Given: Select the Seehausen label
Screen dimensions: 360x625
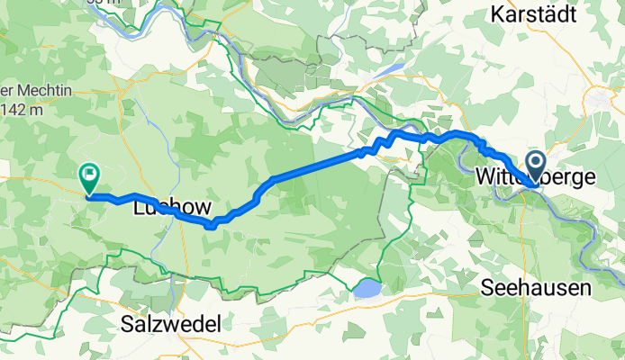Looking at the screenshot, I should point(537,289).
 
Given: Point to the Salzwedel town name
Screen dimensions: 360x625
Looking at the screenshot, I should point(176,322).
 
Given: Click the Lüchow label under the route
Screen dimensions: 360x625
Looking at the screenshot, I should point(164,208).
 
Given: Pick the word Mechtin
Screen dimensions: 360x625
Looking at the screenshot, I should point(36,90).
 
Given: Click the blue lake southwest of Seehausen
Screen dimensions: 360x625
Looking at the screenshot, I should point(367,289).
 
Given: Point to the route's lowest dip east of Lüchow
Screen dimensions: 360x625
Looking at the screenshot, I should point(209,226).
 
